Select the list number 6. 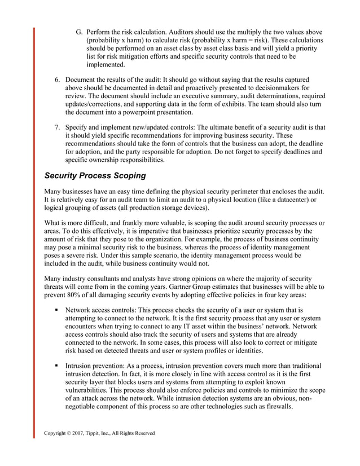(57, 79)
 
